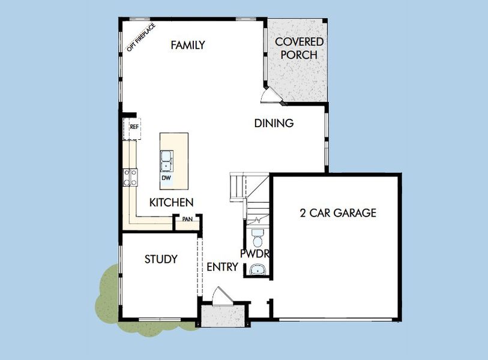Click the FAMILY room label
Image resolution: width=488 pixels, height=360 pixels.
187,45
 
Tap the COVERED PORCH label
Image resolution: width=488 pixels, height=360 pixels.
299,48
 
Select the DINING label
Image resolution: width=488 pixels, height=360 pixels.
274,123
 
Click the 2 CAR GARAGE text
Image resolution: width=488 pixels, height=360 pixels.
338,212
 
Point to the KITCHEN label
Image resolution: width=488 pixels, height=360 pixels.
171,202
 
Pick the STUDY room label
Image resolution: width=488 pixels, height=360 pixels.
161,259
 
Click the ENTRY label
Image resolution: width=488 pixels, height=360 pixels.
223,267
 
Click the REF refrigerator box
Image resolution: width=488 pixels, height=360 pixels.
133,128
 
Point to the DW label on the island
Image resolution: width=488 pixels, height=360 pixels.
166,178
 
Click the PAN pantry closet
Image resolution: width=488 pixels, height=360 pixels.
187,220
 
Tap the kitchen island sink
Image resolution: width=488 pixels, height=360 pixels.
166,161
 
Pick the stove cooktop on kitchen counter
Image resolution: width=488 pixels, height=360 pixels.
130,176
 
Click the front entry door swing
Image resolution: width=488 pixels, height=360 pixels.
222,295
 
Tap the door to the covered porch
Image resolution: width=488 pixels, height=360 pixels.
270,95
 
